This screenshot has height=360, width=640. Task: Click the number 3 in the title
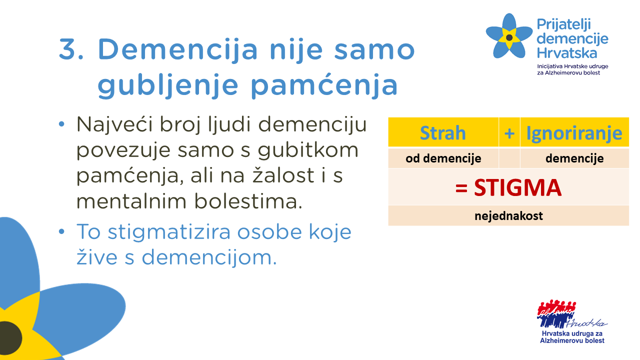[x=67, y=49]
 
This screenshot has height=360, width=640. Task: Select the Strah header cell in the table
[x=443, y=132]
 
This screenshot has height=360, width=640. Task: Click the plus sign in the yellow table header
[x=509, y=133]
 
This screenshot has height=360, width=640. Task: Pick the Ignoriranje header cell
[x=574, y=132]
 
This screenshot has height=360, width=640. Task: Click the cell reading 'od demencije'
[x=443, y=158]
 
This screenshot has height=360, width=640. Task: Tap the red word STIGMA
[x=517, y=187]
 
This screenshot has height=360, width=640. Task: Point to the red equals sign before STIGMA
[x=461, y=188]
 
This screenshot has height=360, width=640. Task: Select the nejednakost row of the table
[x=508, y=215]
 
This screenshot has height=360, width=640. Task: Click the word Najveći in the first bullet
[x=115, y=125]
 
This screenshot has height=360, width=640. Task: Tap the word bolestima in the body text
[x=248, y=201]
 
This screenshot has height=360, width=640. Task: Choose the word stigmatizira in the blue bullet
[x=169, y=232]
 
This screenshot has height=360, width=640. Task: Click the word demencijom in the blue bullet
[x=209, y=257]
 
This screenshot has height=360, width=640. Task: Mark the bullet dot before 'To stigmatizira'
[x=61, y=231]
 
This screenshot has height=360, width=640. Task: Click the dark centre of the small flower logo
[x=509, y=37]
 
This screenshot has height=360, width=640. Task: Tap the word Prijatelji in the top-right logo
[x=563, y=25]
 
